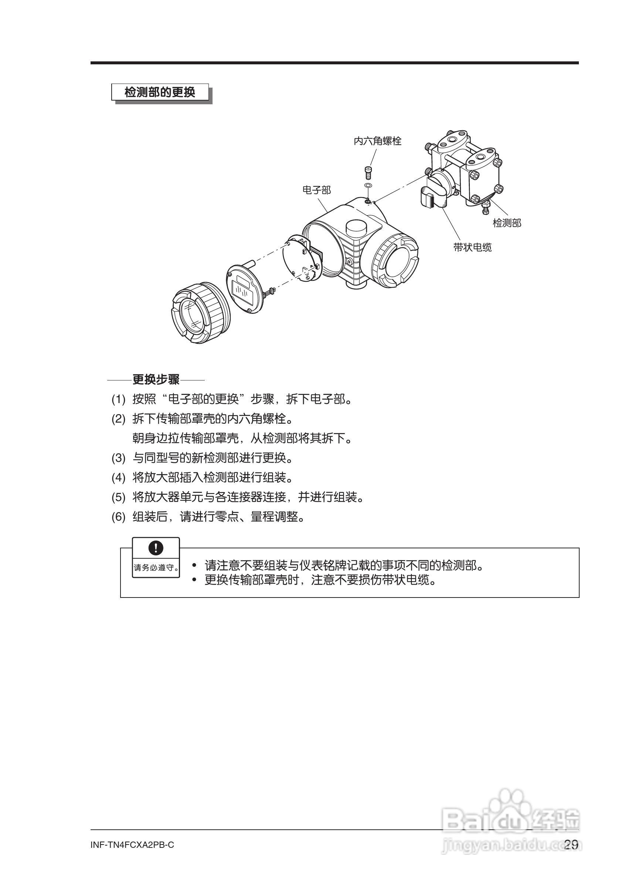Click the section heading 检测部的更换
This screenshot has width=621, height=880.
tap(160, 92)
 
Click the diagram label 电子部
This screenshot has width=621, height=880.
tap(316, 190)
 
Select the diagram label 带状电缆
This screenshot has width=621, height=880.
tap(472, 247)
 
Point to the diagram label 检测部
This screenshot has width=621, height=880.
tap(506, 223)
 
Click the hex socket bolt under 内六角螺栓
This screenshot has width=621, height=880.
tap(369, 172)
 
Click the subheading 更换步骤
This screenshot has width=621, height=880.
tap(156, 380)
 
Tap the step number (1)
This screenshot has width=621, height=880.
tap(118, 400)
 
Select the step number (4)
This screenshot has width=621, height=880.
tap(118, 478)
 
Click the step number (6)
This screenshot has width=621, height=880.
tap(118, 517)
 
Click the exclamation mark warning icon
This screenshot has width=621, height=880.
tap(156, 548)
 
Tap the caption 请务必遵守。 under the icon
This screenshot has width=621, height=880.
tap(156, 567)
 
